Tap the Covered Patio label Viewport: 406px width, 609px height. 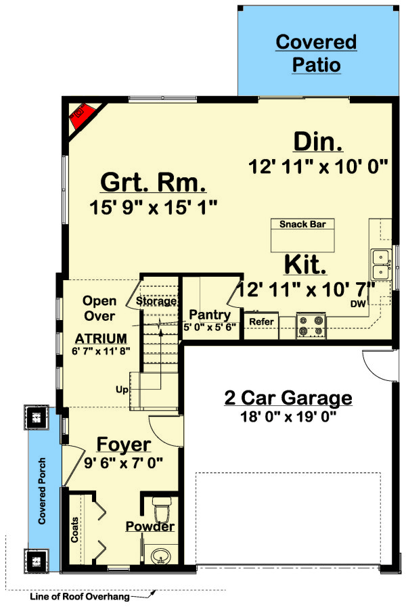tap(315, 53)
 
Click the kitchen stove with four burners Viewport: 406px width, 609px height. tap(311, 325)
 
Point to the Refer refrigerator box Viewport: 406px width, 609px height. tap(261, 322)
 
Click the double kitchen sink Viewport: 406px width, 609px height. tap(380, 264)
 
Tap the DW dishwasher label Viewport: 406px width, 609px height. tap(358, 304)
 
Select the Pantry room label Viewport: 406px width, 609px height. tap(210, 315)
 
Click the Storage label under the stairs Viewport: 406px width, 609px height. tap(156, 301)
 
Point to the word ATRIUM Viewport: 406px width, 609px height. tap(101, 338)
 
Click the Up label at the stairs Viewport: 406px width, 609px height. tap(122, 390)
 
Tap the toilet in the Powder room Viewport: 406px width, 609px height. tap(161, 507)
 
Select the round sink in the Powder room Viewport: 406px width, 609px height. tap(160, 557)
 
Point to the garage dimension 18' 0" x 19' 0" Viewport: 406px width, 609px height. tap(288, 416)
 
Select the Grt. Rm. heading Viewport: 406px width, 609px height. tap(153, 183)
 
